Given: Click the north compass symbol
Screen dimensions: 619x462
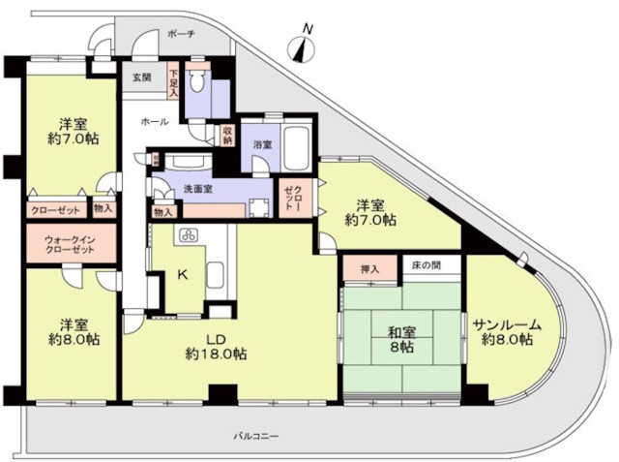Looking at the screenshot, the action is coord(303,46).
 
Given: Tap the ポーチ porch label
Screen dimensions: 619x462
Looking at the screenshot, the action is coord(181,34).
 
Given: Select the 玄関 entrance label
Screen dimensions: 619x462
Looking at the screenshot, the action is coord(142,77).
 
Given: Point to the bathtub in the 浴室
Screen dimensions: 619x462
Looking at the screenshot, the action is coord(295,147).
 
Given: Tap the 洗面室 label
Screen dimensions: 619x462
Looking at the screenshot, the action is coord(198,189).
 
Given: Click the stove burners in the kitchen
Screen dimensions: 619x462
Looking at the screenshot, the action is coord(188,235).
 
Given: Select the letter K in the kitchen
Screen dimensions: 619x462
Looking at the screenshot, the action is coord(183,274).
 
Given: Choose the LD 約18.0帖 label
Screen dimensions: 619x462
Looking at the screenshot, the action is coord(217,347).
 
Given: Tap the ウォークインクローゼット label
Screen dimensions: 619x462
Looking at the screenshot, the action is coord(70,245).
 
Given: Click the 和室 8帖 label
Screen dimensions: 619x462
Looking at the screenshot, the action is coord(401,340).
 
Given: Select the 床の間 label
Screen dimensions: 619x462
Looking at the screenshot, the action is coord(427,265).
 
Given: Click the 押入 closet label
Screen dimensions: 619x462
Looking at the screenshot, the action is coord(369,269).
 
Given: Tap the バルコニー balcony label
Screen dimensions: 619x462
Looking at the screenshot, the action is coord(256,436).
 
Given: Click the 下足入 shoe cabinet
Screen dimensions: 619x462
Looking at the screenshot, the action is coord(174,83).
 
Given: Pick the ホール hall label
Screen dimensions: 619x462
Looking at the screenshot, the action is coord(155,122).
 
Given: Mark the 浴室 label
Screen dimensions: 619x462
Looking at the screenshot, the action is coord(262,144).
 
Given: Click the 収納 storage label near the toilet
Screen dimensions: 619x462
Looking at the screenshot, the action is coord(228,136).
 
